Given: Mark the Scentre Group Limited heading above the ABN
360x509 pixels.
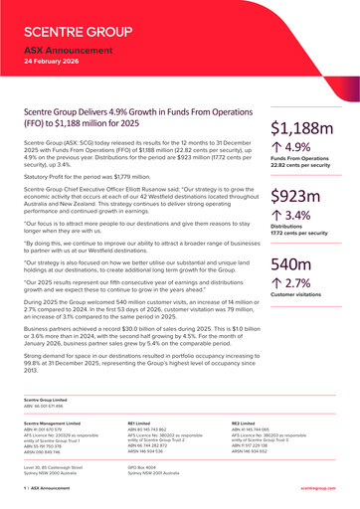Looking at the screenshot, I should (44, 399).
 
